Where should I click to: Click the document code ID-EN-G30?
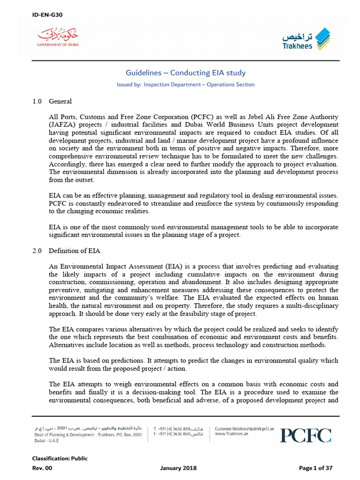pyautogui.click(x=47, y=15)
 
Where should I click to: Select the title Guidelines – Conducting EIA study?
pyautogui.click(x=185, y=73)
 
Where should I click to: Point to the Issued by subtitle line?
pyautogui.click(x=185, y=85)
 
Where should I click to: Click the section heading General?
pyautogui.click(x=60, y=101)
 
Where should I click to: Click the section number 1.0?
pyautogui.click(x=37, y=101)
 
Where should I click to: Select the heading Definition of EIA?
pyautogui.click(x=75, y=251)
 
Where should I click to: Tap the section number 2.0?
pyautogui.click(x=37, y=251)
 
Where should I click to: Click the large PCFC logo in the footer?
pyautogui.click(x=305, y=435)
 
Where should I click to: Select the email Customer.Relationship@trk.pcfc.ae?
pyautogui.click(x=244, y=428)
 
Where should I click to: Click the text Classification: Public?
pyautogui.click(x=60, y=458)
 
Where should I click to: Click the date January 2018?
pyautogui.click(x=178, y=468)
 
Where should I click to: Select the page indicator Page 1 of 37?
pyautogui.click(x=315, y=468)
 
